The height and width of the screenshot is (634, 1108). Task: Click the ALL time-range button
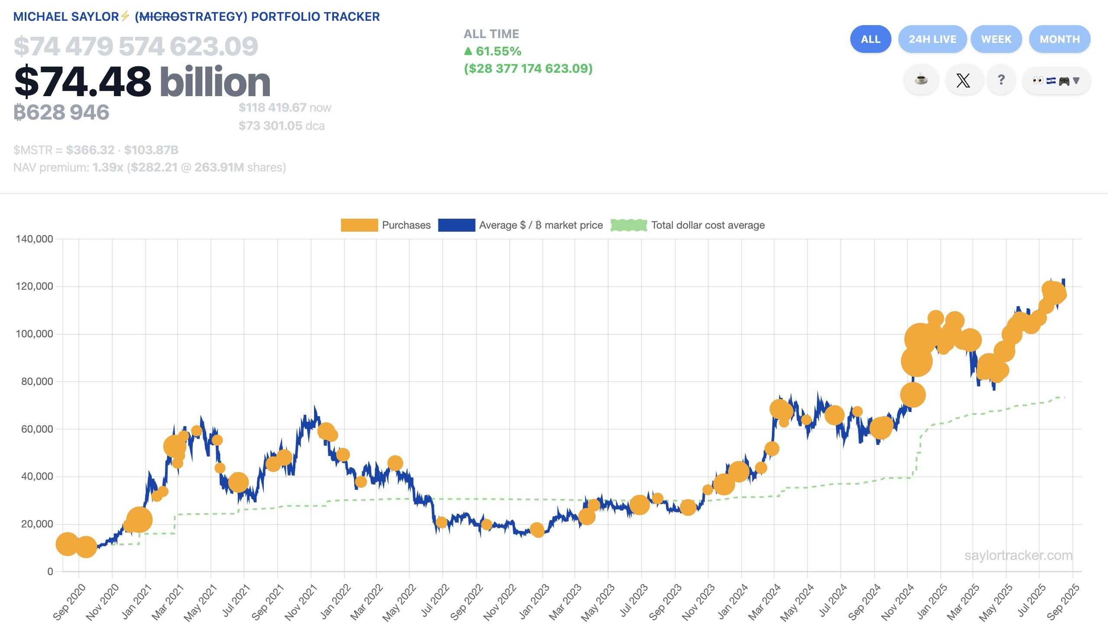(x=870, y=39)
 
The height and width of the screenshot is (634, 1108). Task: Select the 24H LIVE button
(x=932, y=39)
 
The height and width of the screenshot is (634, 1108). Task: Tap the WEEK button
(x=996, y=39)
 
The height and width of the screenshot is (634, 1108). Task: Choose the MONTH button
(x=1059, y=39)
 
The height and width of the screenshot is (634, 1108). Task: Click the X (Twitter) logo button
(x=963, y=80)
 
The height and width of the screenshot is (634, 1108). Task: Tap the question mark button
(x=1001, y=80)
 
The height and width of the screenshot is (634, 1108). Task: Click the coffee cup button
(x=921, y=80)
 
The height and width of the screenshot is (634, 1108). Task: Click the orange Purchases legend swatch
(x=359, y=225)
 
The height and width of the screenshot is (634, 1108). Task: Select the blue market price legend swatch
(x=456, y=225)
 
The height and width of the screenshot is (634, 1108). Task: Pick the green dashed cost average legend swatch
(x=629, y=225)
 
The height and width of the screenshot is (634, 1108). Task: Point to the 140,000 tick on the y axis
(x=34, y=239)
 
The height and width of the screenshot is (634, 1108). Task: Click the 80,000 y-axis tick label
(x=37, y=382)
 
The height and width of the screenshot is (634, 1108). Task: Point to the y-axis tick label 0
(x=50, y=571)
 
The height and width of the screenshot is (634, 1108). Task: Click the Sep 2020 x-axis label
(x=69, y=603)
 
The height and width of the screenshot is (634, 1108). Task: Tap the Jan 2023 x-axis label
(x=535, y=603)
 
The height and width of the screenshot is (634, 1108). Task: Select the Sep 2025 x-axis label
(x=1063, y=603)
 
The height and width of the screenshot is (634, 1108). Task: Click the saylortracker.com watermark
(x=1018, y=555)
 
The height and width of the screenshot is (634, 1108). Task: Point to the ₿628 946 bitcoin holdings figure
(x=62, y=112)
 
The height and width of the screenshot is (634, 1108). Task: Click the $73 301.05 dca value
(x=270, y=126)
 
